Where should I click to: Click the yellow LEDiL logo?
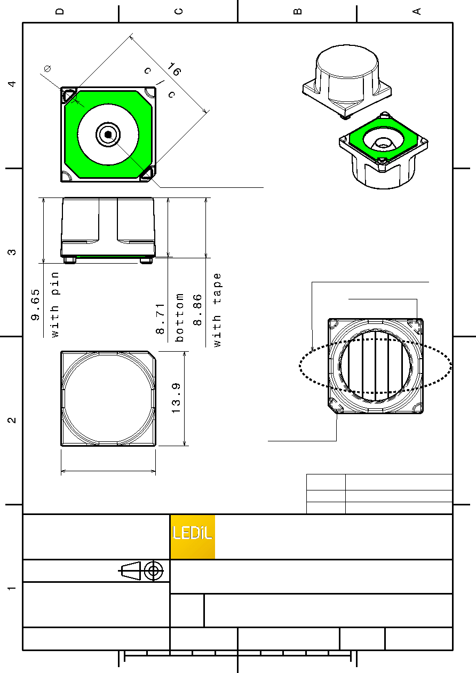coord(193,536)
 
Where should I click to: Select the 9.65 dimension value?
coord(35,305)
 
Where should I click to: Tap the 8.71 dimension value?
coord(160,319)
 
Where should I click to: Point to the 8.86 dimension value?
coord(197,310)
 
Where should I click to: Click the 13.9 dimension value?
coord(176,398)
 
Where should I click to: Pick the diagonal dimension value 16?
coord(174,69)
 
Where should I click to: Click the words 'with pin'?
coord(55,305)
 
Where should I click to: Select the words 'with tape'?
coord(217,310)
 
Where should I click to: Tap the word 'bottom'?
coord(179,318)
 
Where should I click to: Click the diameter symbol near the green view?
coord(47,68)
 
